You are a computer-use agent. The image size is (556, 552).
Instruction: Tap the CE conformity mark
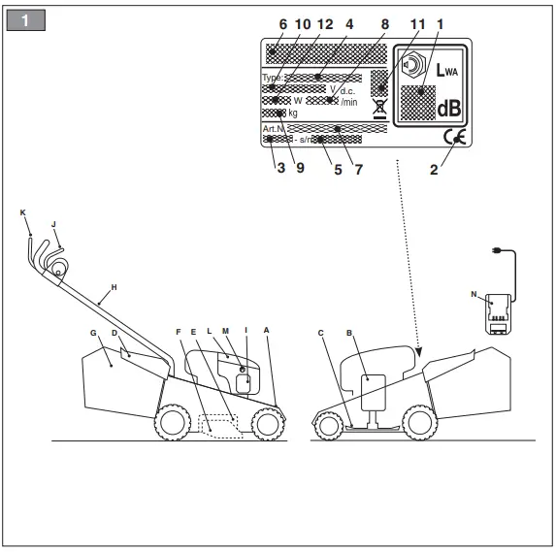click(x=452, y=137)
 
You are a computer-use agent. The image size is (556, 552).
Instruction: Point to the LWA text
click(x=446, y=71)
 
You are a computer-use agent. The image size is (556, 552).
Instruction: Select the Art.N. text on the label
click(x=274, y=128)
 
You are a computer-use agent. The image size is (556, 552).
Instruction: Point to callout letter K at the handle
click(x=22, y=211)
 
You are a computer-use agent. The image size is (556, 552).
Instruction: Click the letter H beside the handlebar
click(x=114, y=287)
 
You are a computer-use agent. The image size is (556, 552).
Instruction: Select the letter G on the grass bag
click(x=93, y=334)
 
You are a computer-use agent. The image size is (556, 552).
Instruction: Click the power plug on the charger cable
click(x=498, y=250)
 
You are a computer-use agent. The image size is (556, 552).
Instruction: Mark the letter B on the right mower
click(x=348, y=333)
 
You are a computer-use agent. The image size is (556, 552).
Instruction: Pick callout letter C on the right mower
click(x=321, y=333)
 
